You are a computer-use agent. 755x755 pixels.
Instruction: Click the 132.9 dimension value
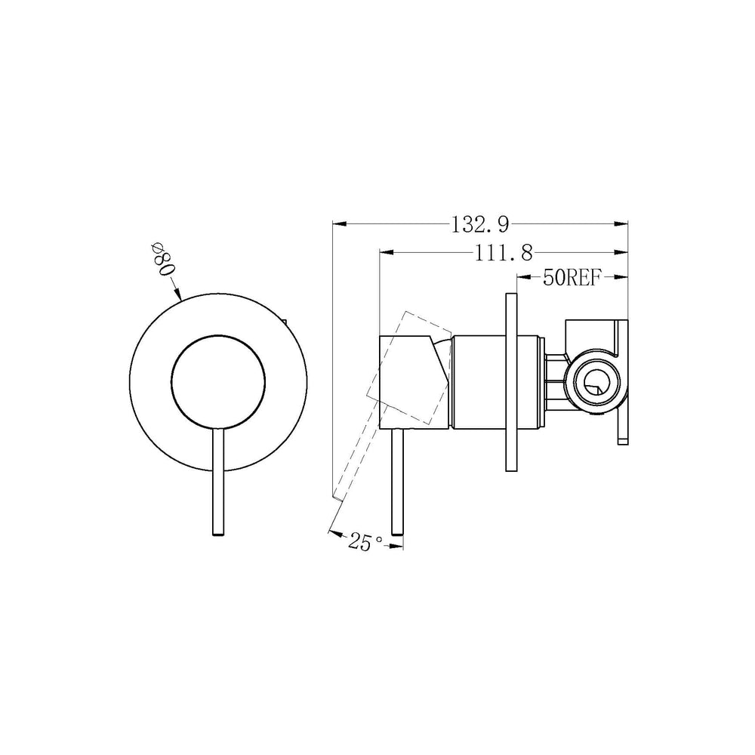click(480, 224)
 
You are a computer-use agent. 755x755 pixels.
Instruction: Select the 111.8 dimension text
click(504, 252)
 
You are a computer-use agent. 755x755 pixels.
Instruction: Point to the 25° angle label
click(365, 542)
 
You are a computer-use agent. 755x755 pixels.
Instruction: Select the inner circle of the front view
click(217, 381)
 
